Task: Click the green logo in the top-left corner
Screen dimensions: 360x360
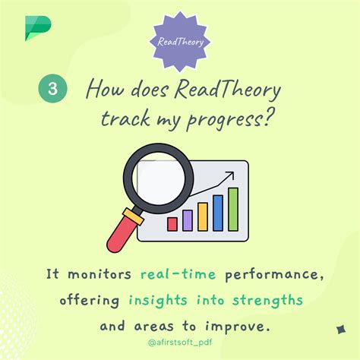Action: (x=36, y=29)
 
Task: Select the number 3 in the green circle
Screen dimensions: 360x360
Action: (x=52, y=88)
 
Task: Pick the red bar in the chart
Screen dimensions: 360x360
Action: (x=172, y=223)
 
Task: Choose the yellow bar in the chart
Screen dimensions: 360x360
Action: (x=203, y=216)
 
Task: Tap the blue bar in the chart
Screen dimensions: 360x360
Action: (x=218, y=212)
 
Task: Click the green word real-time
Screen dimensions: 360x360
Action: (x=178, y=273)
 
